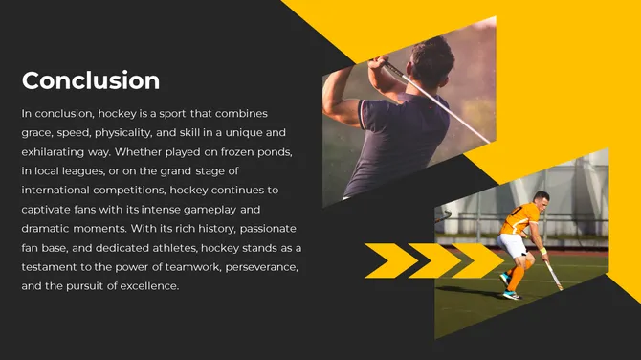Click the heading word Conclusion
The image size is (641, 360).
click(x=91, y=80)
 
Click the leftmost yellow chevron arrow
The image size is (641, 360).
click(x=389, y=260)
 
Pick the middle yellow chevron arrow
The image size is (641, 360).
click(x=433, y=260)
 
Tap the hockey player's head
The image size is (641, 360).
click(x=541, y=200)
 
